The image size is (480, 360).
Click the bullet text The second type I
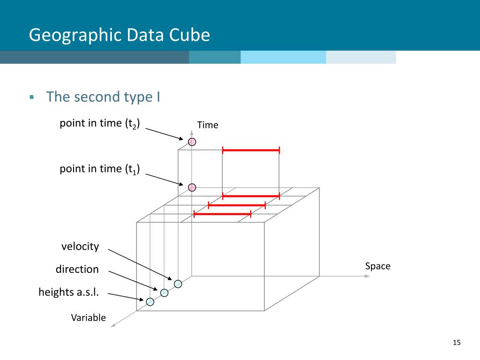point(103,97)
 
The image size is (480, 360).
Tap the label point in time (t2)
point(100,124)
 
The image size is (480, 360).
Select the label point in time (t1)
point(100,169)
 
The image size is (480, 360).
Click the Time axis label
point(208,125)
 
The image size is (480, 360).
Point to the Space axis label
point(377,266)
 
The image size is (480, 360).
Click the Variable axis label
point(88,318)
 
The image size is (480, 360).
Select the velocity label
point(80,247)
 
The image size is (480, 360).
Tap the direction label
point(77,270)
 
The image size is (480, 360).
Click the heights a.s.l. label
point(68,293)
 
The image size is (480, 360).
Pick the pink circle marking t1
point(192,187)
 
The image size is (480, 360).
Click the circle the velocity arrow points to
point(178,284)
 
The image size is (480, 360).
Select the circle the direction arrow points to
point(164,293)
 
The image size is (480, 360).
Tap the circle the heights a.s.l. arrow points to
point(150,302)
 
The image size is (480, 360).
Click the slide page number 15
point(457,343)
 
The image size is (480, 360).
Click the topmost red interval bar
point(251,150)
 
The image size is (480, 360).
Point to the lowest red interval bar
point(223,214)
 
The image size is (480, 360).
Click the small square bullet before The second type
point(32,97)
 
